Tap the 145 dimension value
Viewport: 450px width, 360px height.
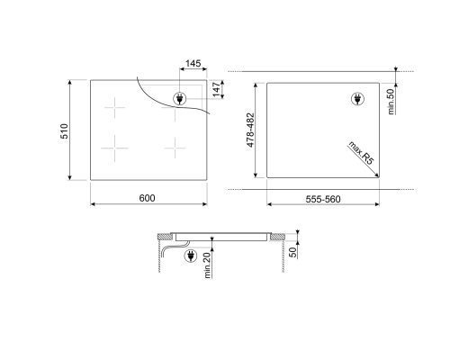[x=193, y=65]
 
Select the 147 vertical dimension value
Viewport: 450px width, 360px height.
[x=217, y=91]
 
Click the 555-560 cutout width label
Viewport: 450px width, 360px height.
[x=321, y=199]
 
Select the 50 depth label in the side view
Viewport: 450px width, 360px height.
[x=292, y=251]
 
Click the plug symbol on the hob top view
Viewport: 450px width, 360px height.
[x=178, y=97]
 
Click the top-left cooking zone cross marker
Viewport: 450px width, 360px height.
[x=115, y=110]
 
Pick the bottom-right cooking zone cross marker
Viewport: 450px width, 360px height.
[x=175, y=144]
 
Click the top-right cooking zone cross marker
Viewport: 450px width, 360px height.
[x=175, y=112]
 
